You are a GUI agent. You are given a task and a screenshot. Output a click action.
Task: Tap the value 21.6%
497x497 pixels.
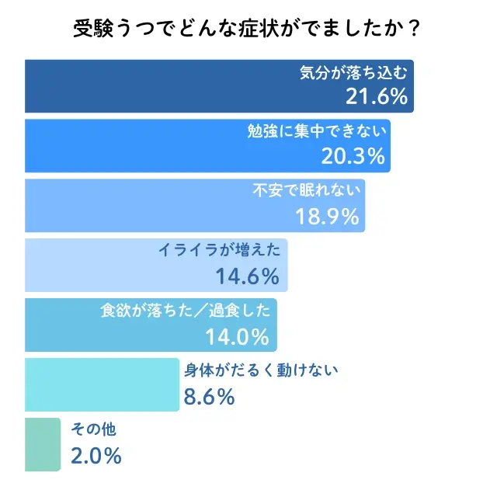coord(376,96)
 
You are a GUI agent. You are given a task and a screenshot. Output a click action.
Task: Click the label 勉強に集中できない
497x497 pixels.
coord(318,133)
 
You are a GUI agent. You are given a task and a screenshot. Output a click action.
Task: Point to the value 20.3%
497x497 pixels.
coord(353,156)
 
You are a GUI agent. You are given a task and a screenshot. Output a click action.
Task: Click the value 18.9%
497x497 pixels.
coord(328,216)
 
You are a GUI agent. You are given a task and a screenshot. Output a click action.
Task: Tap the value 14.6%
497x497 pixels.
coord(248,276)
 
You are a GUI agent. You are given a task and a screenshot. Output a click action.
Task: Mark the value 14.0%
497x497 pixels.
coord(237,335)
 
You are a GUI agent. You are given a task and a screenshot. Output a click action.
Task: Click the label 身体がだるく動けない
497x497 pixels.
coord(261,370)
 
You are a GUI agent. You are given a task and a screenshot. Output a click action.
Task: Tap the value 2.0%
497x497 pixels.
coord(96,455)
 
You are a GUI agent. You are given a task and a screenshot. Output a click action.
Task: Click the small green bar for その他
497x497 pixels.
coord(42,444)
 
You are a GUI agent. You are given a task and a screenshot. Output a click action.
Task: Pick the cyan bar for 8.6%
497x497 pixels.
coord(101,384)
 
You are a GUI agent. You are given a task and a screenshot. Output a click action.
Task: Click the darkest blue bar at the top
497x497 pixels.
coord(155,86)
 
